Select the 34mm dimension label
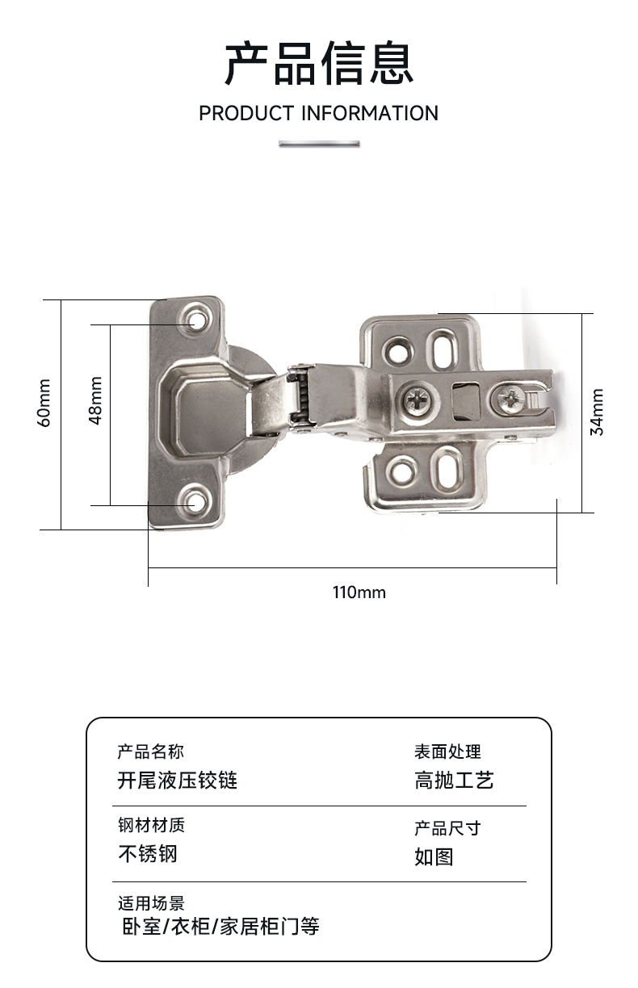[597, 412]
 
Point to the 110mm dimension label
[359, 592]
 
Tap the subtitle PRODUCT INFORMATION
[318, 113]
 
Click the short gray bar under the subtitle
[319, 144]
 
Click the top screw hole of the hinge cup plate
[195, 320]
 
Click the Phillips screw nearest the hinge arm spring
[419, 399]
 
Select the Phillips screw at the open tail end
[513, 397]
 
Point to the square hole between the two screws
[465, 402]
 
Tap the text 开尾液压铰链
[178, 781]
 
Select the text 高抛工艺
[454, 781]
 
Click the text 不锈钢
[148, 853]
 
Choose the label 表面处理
[447, 752]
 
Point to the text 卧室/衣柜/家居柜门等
[220, 926]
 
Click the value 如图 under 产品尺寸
[434, 856]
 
